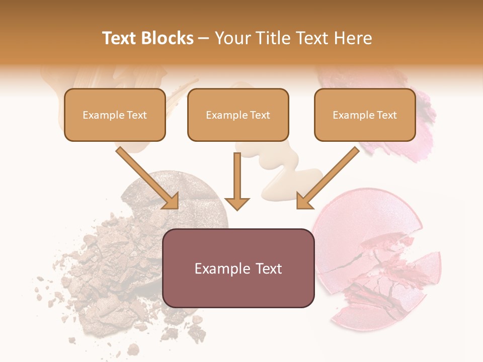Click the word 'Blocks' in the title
[169, 38]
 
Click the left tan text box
[115, 115]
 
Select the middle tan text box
[238, 115]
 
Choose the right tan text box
[365, 115]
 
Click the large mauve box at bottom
[238, 268]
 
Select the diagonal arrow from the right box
[328, 177]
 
